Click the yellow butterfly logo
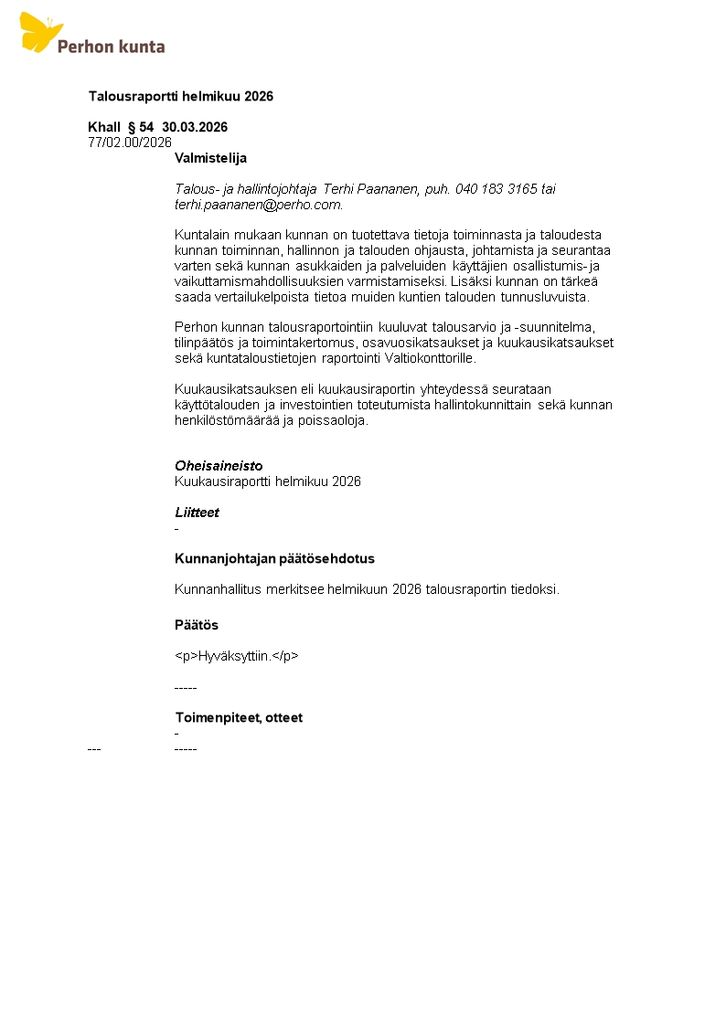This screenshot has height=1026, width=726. tap(40, 32)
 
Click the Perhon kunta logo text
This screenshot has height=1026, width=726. tap(111, 46)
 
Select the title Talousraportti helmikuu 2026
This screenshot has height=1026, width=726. tap(180, 96)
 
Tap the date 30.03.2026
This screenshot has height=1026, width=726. tap(195, 127)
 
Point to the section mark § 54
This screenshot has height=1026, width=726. tap(141, 127)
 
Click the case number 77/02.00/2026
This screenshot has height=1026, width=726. tap(130, 142)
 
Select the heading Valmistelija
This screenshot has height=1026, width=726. tap(210, 158)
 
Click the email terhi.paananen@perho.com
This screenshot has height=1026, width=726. tap(257, 205)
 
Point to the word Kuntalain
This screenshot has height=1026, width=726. tap(202, 235)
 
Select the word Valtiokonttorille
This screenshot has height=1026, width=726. tap(428, 358)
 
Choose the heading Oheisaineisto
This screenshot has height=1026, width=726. tap(219, 466)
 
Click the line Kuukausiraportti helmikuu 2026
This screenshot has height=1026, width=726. tap(267, 481)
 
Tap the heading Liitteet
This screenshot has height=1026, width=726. tap(197, 513)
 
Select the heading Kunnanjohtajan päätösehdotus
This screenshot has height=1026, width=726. tap(274, 558)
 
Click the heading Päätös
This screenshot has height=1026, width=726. tap(196, 625)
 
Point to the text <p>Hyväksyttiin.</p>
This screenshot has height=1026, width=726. tap(236, 656)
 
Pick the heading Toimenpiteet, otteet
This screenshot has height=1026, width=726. tap(238, 717)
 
